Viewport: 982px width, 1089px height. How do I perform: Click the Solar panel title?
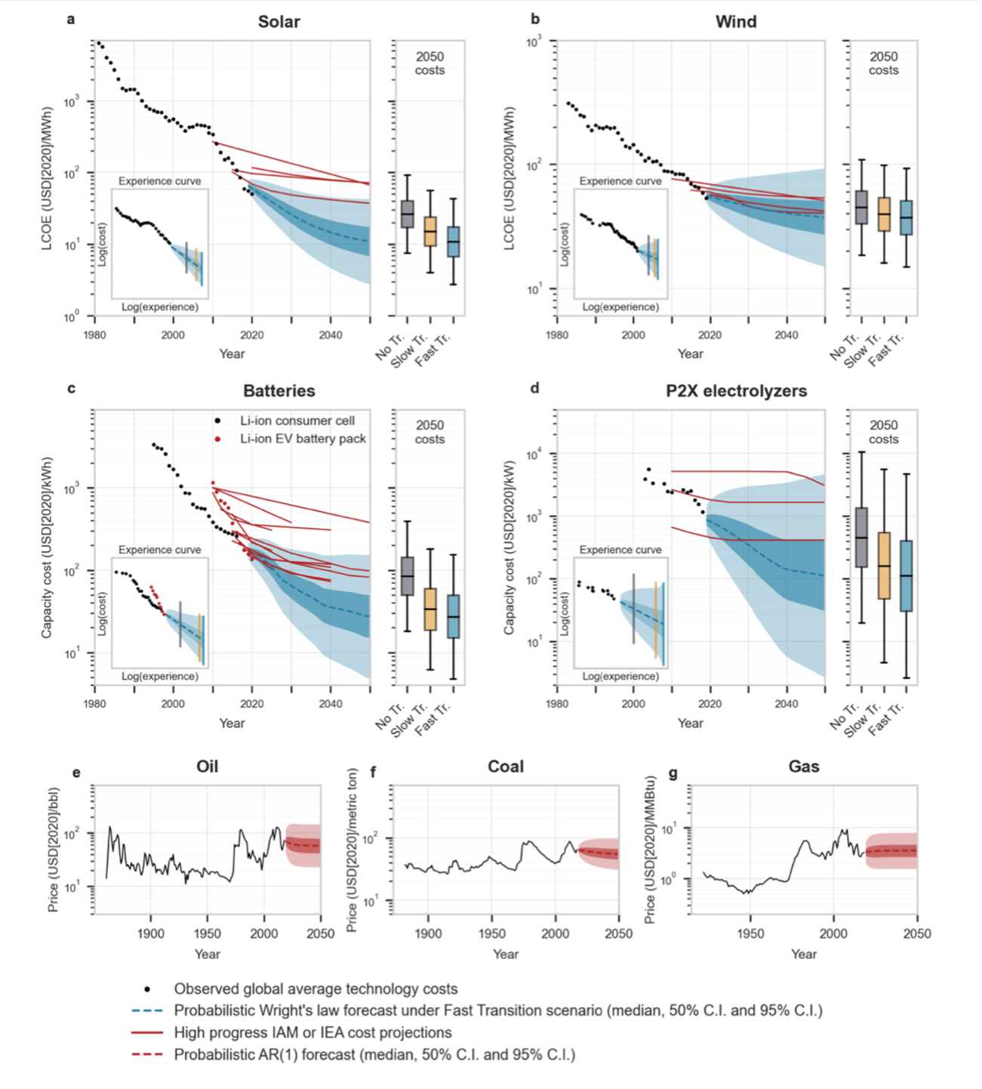coord(279,22)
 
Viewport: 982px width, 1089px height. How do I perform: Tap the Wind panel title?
coord(735,22)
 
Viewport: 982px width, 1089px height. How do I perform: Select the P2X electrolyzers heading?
coord(736,391)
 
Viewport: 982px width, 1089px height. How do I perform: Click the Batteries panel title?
coord(279,391)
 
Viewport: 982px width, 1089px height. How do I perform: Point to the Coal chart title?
coord(505,767)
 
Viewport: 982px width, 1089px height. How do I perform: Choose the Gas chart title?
coord(803,767)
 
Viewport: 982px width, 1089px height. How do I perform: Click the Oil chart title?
coord(207,767)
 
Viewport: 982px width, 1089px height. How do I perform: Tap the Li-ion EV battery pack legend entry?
coord(303,439)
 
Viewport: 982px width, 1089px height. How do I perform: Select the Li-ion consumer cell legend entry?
coord(297,421)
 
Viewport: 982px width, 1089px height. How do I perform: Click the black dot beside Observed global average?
coord(148,989)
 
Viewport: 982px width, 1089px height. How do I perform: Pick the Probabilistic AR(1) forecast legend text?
coord(374,1054)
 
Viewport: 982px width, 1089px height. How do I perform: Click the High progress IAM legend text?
coord(312,1032)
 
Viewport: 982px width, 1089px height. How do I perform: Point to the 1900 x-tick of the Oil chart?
coord(150,933)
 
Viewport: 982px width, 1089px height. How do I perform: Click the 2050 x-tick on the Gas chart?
coord(917,933)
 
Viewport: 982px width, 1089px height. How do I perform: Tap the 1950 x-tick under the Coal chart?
coord(492,933)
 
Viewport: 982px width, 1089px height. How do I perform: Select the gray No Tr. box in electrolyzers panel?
coord(860,537)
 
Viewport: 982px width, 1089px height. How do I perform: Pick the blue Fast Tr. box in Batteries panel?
coord(453,616)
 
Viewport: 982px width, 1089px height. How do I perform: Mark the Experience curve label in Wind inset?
coord(620,181)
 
